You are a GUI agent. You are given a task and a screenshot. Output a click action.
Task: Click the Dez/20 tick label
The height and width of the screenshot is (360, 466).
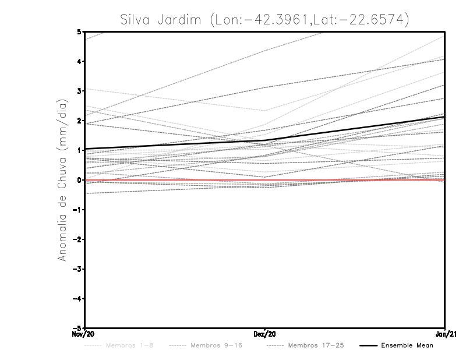pyautogui.click(x=265, y=334)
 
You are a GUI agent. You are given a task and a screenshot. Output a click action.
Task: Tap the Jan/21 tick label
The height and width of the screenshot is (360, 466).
pyautogui.click(x=445, y=334)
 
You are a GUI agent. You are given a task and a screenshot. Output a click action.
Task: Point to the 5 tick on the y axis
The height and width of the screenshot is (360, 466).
pyautogui.click(x=79, y=31)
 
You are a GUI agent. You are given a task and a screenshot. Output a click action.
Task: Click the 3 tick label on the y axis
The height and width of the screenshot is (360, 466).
pyautogui.click(x=79, y=91)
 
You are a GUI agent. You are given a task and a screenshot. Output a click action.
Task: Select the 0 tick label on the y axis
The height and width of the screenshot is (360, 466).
pyautogui.click(x=79, y=180)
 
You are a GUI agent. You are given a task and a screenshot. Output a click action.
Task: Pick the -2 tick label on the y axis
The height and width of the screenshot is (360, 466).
pyautogui.click(x=77, y=239)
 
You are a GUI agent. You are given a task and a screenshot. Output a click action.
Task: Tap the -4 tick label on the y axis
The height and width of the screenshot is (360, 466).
pyautogui.click(x=77, y=298)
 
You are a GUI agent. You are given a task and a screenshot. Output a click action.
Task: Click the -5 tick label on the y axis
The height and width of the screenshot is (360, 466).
pyautogui.click(x=77, y=328)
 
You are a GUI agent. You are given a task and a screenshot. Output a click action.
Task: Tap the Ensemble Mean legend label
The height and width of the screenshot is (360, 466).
pyautogui.click(x=407, y=345)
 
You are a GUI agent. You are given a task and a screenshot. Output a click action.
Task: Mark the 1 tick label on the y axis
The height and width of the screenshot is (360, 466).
pyautogui.click(x=79, y=150)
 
